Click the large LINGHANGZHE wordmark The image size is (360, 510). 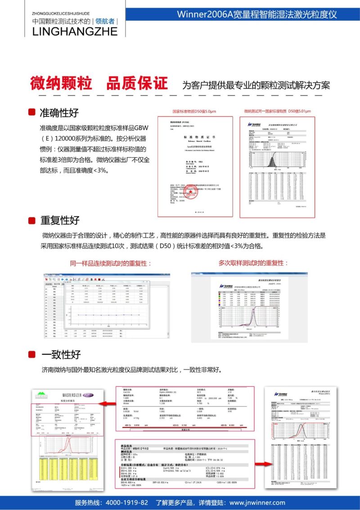[75, 31]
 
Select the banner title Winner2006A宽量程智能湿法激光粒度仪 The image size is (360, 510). [257, 14]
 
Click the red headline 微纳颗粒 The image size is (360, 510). [61, 83]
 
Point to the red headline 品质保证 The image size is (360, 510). [137, 83]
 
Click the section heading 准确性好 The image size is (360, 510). [59, 113]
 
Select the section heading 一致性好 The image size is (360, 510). [61, 354]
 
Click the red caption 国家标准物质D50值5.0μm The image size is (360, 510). [194, 111]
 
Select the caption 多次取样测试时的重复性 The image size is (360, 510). [253, 263]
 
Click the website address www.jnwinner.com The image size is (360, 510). [257, 503]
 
